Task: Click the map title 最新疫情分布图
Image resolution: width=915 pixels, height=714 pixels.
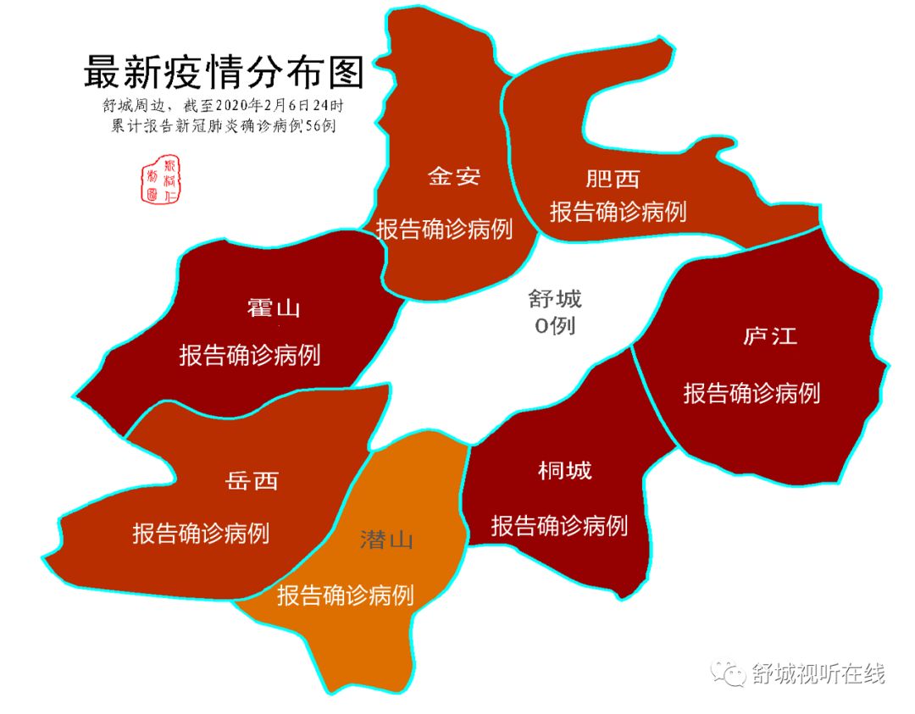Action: [224, 73]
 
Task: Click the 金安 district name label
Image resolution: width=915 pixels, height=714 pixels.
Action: [453, 176]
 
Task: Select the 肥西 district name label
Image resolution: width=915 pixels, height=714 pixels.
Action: [612, 179]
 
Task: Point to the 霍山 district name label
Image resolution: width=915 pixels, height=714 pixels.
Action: [274, 307]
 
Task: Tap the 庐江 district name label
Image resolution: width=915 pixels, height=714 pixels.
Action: [769, 335]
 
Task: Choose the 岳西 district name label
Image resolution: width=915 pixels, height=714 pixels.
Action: [252, 481]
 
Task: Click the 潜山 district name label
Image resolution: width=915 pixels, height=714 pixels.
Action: [385, 540]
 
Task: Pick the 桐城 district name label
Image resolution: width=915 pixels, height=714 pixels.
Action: [565, 470]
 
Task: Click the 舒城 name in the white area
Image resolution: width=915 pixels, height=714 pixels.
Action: [555, 298]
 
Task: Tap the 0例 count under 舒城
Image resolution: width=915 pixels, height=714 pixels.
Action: [555, 325]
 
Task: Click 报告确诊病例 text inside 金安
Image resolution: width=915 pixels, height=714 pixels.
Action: [445, 229]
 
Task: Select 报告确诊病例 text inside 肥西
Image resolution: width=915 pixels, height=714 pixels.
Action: [618, 211]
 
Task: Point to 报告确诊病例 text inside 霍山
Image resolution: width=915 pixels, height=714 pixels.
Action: [249, 355]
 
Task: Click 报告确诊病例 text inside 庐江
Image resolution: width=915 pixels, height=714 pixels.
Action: [751, 392]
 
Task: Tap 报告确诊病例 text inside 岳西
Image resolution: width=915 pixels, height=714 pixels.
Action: [201, 534]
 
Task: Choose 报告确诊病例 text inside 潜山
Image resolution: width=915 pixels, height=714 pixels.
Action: [346, 595]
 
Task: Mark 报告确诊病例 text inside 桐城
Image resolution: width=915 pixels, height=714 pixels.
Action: [559, 525]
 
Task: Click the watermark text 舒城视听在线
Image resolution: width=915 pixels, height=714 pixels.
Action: [818, 674]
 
